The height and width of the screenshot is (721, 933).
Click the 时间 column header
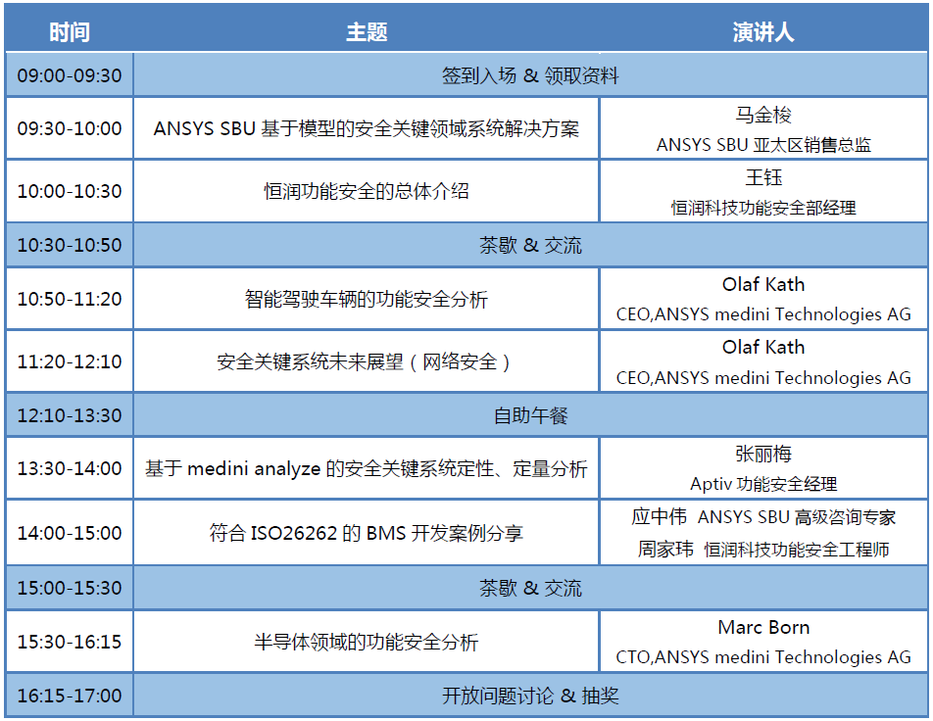tap(69, 32)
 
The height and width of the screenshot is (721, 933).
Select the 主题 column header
tap(367, 32)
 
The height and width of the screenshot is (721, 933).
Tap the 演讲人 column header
tap(763, 32)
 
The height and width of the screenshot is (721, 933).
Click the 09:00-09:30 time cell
tap(69, 75)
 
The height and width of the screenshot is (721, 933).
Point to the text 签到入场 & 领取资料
tap(530, 75)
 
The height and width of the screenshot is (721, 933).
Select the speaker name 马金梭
tap(763, 115)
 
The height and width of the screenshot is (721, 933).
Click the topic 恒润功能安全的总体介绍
tap(367, 191)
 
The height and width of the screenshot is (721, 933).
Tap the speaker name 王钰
tap(763, 177)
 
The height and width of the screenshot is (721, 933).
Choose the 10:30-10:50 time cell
tap(69, 245)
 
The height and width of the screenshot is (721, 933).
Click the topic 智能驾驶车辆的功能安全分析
tap(367, 299)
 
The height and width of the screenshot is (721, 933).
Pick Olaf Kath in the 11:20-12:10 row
tap(763, 347)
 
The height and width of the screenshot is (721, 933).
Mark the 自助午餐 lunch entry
tap(530, 415)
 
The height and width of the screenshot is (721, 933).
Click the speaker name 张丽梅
tap(763, 454)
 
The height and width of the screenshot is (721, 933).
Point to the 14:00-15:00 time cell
tap(69, 532)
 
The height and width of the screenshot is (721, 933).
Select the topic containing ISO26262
tap(367, 532)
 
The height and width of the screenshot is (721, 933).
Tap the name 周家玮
tap(665, 549)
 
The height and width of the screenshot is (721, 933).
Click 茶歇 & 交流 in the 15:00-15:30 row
tap(530, 588)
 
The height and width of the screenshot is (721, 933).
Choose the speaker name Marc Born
tap(763, 627)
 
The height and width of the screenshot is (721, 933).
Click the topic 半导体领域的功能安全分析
tap(367, 642)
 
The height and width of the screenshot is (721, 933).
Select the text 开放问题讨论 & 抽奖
tap(530, 696)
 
